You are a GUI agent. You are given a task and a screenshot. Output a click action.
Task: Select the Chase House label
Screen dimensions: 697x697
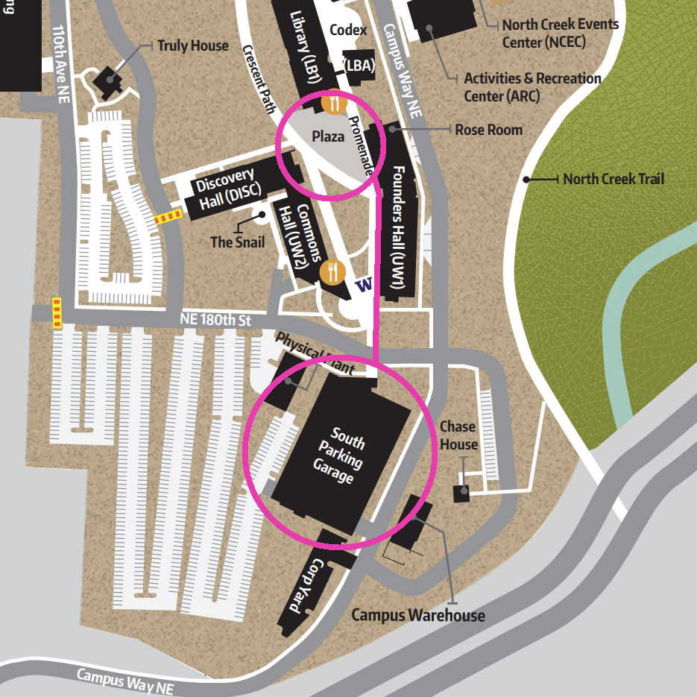pyautogui.click(x=458, y=435)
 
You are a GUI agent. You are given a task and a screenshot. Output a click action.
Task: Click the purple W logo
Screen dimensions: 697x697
pyautogui.click(x=364, y=285)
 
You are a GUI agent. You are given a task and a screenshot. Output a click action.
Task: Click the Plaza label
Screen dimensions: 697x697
pyautogui.click(x=328, y=136)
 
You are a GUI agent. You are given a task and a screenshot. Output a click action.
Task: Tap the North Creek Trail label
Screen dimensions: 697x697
pyautogui.click(x=614, y=179)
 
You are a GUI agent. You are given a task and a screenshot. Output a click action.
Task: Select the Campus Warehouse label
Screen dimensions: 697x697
pyautogui.click(x=417, y=615)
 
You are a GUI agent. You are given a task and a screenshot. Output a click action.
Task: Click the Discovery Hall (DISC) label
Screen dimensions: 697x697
pyautogui.click(x=228, y=192)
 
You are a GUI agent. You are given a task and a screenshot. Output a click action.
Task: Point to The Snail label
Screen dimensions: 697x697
pyautogui.click(x=233, y=242)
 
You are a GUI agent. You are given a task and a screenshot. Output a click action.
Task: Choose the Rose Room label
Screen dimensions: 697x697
pyautogui.click(x=489, y=130)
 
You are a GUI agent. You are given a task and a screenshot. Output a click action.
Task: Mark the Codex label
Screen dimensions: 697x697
pyautogui.click(x=348, y=31)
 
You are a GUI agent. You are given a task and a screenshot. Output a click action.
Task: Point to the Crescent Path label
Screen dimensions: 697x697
pyautogui.click(x=259, y=78)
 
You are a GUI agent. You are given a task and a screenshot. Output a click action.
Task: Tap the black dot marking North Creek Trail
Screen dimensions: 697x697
pyautogui.click(x=526, y=179)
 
